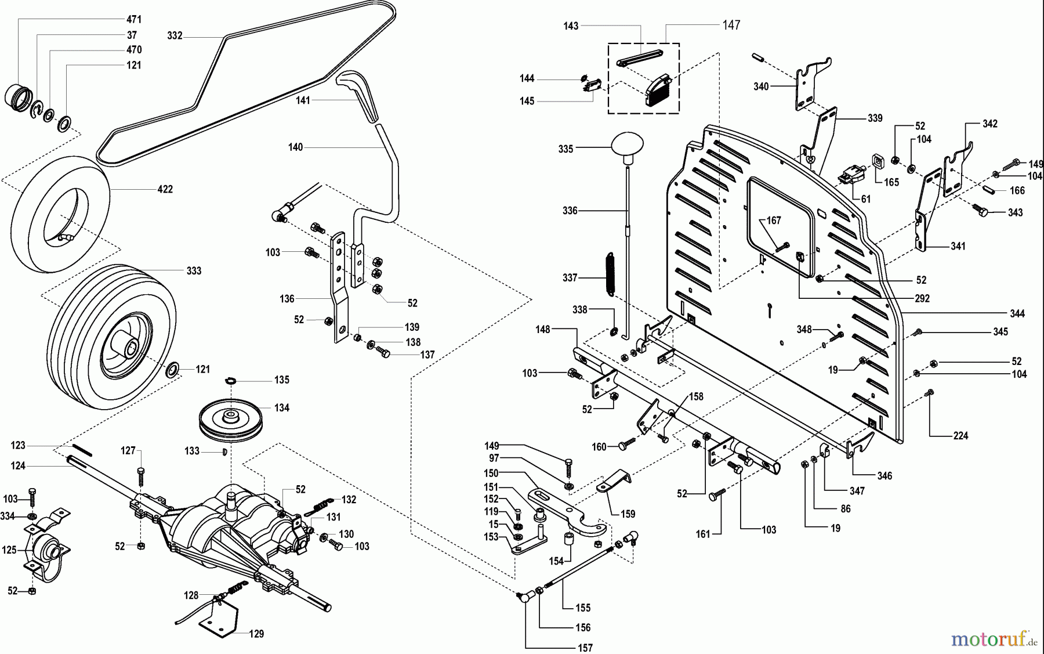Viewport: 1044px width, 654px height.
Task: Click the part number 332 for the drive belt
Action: tap(175, 36)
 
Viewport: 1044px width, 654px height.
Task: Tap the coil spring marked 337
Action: tap(609, 274)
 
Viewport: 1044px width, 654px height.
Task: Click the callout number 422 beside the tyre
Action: tap(165, 189)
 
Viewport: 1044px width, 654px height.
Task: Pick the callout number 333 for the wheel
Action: tap(194, 271)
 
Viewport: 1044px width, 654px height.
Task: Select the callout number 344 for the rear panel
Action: tap(1017, 314)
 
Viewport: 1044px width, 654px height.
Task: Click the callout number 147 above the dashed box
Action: tap(731, 25)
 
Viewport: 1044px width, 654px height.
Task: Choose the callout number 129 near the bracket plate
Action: tap(256, 634)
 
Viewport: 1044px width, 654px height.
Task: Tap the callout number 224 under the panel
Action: tap(960, 436)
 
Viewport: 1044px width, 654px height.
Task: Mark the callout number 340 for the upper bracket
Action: tap(760, 86)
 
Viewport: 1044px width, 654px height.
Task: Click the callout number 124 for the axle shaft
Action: tap(18, 465)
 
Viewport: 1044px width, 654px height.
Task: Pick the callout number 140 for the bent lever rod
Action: tap(295, 147)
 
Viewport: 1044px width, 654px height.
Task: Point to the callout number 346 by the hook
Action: tap(884, 476)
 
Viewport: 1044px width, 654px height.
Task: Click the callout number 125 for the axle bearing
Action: tap(9, 550)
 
